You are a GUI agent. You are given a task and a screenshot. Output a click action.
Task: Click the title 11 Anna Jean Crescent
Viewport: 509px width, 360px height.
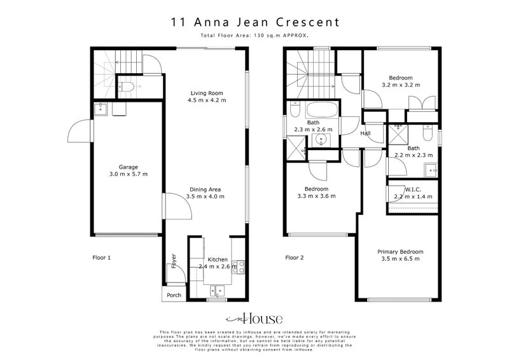click(x=254, y=22)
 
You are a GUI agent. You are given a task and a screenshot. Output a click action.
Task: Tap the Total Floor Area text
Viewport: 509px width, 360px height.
click(x=254, y=36)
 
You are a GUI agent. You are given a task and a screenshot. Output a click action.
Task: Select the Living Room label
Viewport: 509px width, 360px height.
click(x=207, y=93)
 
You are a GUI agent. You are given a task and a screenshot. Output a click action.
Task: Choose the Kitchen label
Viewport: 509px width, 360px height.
click(x=218, y=260)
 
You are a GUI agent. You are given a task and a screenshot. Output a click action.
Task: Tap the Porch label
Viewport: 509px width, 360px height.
click(x=174, y=295)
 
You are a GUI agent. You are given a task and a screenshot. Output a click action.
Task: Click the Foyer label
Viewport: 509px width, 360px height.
click(x=173, y=261)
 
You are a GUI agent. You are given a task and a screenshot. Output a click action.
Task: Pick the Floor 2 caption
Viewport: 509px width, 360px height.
click(x=295, y=258)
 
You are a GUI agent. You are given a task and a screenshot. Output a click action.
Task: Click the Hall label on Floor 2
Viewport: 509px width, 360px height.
click(x=365, y=133)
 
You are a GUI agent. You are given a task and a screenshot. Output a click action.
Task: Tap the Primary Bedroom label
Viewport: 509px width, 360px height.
click(x=400, y=251)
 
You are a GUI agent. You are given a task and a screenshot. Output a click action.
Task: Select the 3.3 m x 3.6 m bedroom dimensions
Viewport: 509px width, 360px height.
click(x=316, y=197)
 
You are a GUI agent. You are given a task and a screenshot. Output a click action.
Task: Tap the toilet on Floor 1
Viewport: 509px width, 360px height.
click(x=127, y=87)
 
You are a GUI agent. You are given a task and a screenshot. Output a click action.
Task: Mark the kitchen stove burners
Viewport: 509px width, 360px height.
click(x=239, y=267)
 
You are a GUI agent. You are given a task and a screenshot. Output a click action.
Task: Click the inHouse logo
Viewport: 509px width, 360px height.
click(x=254, y=319)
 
